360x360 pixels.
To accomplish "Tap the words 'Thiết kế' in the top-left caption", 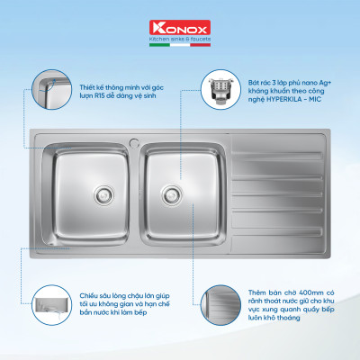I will (x=78, y=85).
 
